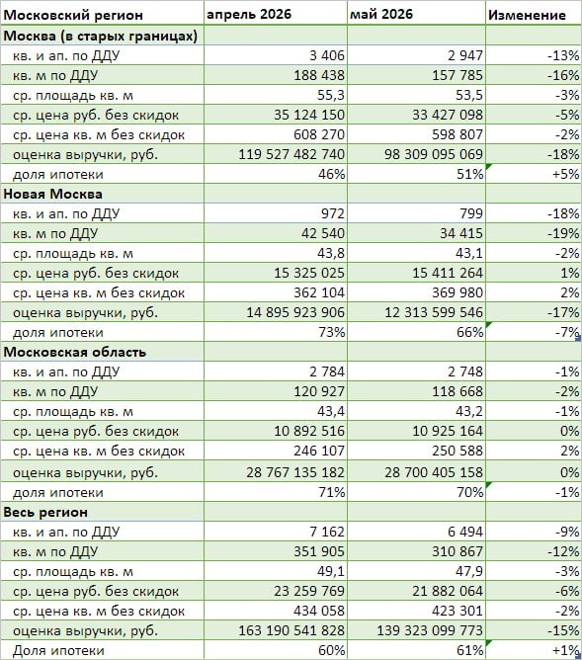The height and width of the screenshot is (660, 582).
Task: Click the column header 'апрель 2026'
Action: pos(249,14)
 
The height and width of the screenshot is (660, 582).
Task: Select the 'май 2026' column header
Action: pos(381,14)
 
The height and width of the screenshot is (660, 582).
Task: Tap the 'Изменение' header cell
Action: pos(527,15)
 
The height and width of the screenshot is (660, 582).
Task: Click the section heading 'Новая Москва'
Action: pos(52,194)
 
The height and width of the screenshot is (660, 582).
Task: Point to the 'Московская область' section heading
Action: pos(74,352)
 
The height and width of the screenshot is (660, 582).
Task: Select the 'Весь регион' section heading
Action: pos(45,512)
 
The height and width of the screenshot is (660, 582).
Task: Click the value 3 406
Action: pos(326,55)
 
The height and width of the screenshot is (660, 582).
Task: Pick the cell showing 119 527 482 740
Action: pos(291,154)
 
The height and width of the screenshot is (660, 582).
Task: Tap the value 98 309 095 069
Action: pos(434,154)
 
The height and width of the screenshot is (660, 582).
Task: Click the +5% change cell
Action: pos(566,174)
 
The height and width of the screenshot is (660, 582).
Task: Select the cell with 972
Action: pos(332,213)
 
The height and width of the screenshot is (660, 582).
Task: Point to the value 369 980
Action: pos(457,292)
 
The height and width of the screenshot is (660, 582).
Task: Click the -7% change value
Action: pos(567,332)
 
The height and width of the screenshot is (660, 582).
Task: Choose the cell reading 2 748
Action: pos(465,371)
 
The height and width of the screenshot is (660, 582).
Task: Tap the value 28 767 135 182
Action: pos(295,472)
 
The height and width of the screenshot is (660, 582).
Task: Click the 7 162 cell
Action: pos(326,532)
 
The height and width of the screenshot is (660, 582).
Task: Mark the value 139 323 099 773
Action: pos(430,630)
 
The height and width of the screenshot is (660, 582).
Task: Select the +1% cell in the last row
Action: pos(566,650)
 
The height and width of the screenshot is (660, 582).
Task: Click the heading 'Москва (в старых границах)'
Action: pos(100,36)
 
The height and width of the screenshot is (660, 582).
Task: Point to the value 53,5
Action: pos(468,95)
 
